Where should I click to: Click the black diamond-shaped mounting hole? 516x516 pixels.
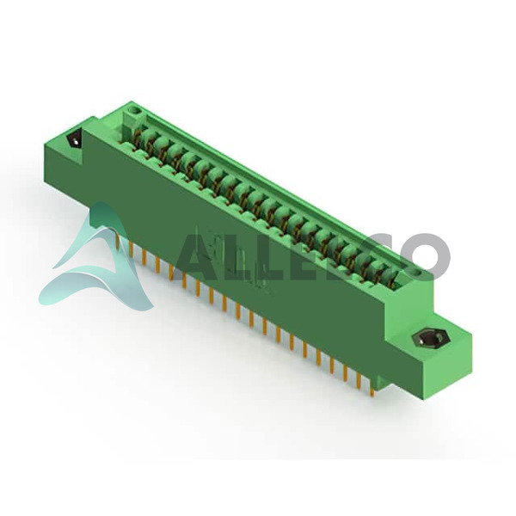pyautogui.click(x=75, y=141)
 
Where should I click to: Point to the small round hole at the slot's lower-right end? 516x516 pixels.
pyautogui.click(x=417, y=273)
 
